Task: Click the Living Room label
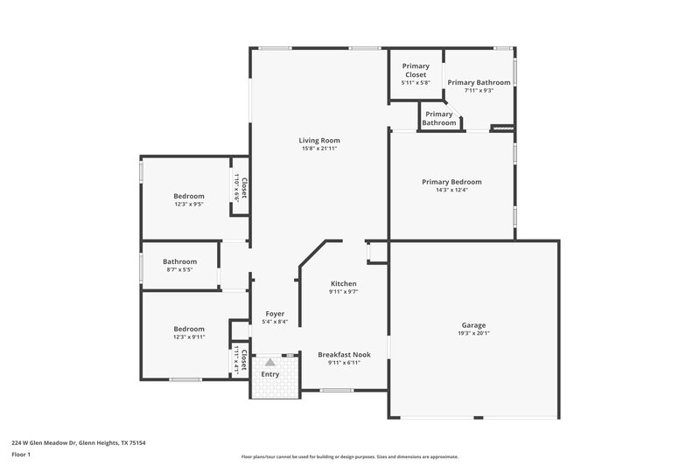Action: point(318,140)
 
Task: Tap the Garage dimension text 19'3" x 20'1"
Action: point(473,332)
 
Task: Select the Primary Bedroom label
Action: point(451,182)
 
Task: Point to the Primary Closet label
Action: point(415,70)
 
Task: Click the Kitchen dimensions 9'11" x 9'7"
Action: point(343,292)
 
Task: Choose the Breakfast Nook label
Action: point(343,354)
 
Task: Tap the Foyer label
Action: point(276,314)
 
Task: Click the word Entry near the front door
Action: point(270,374)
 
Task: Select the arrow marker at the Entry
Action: point(270,360)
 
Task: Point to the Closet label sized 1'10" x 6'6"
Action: point(244,188)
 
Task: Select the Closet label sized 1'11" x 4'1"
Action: point(244,360)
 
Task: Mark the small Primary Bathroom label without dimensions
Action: point(439,118)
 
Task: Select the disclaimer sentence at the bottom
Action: point(349,456)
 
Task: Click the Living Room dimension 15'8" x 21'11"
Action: point(318,149)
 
